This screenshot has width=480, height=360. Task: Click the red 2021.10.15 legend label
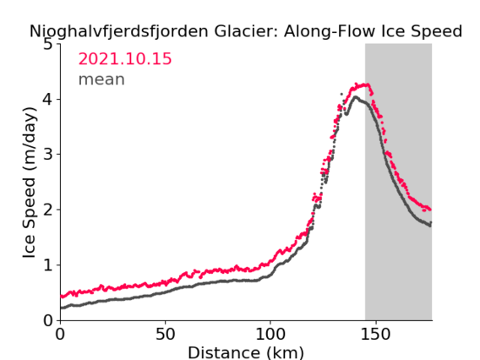(125, 58)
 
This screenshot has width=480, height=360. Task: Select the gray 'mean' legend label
(101, 79)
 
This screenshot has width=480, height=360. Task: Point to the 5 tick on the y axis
(48, 45)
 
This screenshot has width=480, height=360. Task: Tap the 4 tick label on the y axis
(48, 99)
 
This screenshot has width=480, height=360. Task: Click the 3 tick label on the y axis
(48, 155)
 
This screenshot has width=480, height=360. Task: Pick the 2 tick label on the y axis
(48, 210)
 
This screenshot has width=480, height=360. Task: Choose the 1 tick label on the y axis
(48, 265)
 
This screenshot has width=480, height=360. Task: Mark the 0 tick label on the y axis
(48, 320)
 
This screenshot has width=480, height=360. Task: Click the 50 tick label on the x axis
(166, 334)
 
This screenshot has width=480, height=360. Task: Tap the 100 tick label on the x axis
(270, 334)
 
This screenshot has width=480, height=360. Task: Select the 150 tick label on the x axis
(375, 334)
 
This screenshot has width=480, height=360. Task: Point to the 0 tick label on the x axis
(60, 334)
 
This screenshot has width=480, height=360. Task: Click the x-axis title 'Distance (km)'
(246, 352)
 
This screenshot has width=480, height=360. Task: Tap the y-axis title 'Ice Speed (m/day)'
(30, 183)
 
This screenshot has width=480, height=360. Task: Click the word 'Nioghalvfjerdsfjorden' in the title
(119, 31)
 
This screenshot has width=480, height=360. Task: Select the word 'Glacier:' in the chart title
(247, 31)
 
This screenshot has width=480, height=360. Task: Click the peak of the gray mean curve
(356, 97)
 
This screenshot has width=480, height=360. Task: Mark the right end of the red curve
(430, 210)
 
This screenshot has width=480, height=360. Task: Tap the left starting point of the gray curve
(61, 308)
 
